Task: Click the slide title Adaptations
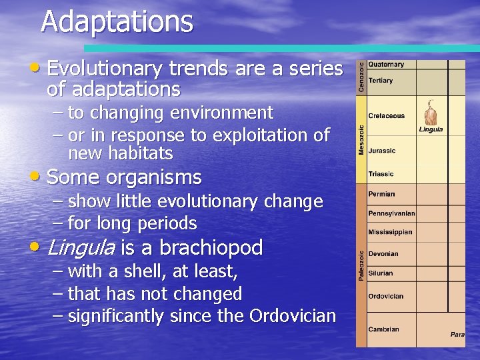[117, 21]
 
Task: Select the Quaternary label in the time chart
[386, 65]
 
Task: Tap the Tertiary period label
[381, 81]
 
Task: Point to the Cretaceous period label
[386, 116]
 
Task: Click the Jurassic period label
[381, 151]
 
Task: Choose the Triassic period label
[381, 174]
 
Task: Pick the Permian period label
[381, 194]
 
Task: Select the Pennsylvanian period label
[391, 214]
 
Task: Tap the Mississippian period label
[390, 233]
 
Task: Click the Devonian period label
[383, 254]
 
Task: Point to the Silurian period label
[381, 273]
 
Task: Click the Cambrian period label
[383, 329]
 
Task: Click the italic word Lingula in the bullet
[81, 248]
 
